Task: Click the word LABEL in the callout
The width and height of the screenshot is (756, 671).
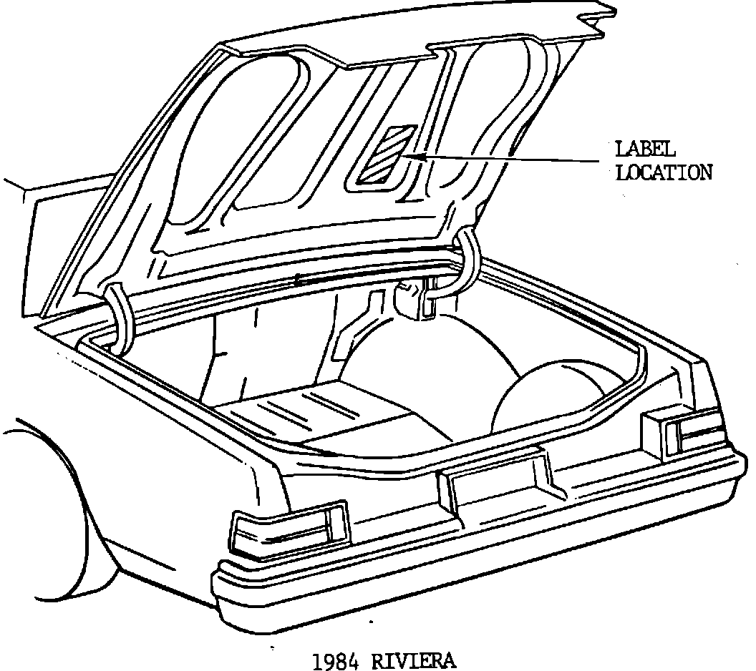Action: click(x=645, y=150)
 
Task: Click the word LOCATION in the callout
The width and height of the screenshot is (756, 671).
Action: click(x=664, y=172)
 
